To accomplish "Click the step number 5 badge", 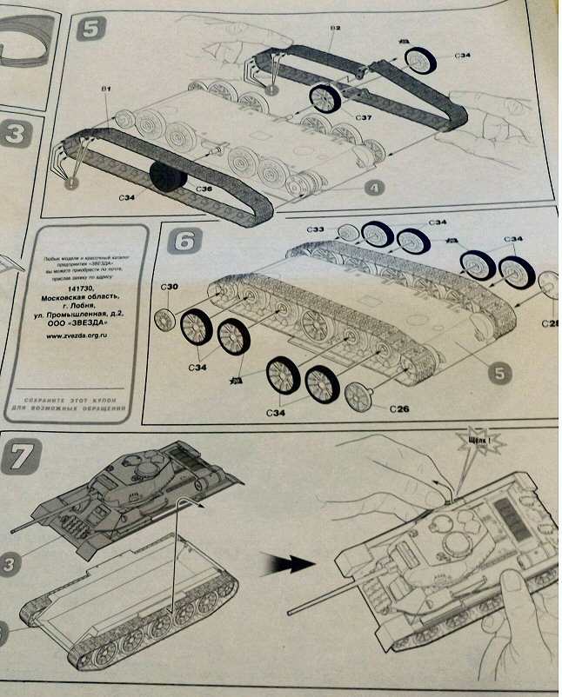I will pos(90,28).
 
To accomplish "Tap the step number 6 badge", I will pos(185,241).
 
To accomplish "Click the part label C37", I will pos(339,116).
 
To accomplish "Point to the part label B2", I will pos(334,29).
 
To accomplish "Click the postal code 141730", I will pos(79,295).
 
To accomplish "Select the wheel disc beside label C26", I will pos(358,396).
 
